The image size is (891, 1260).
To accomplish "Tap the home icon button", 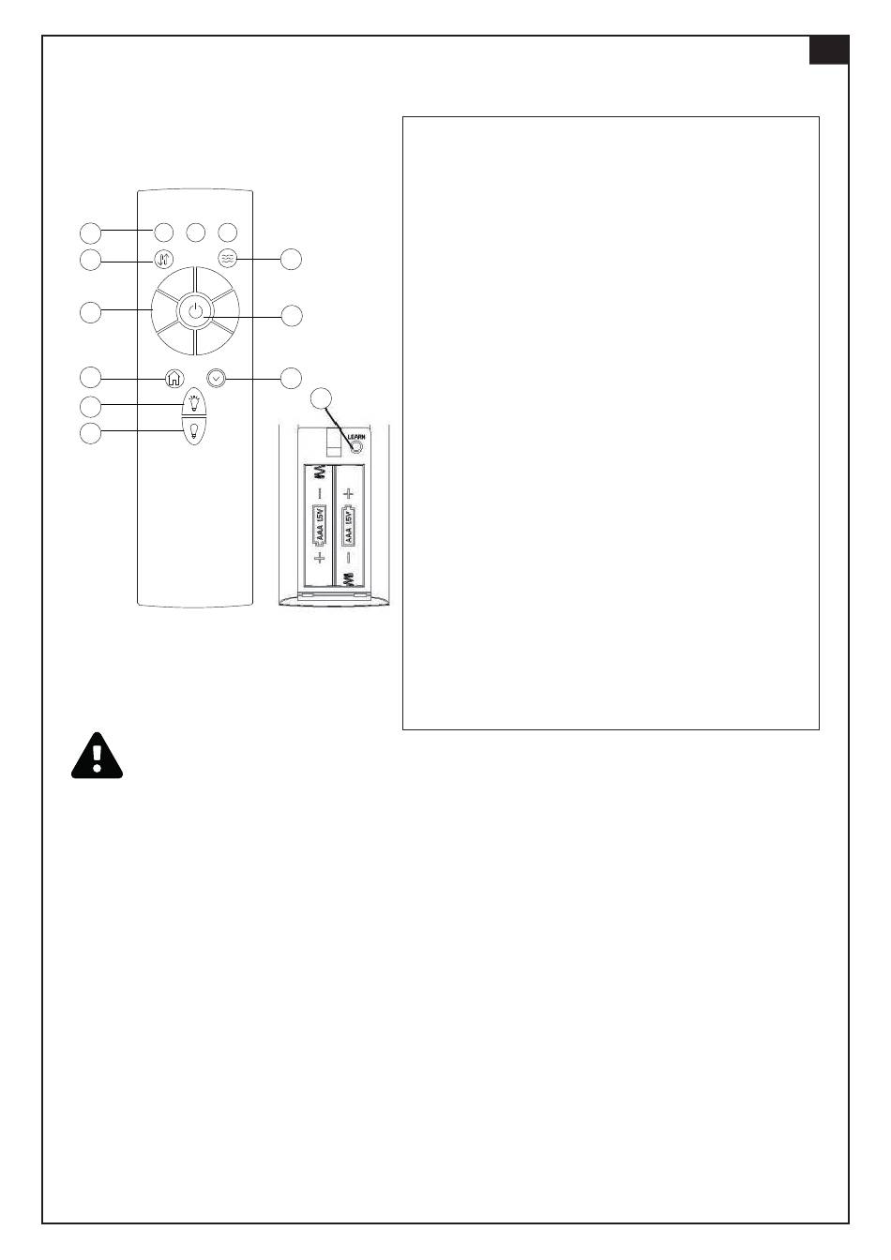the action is (174, 378).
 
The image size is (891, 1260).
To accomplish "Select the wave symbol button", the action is (227, 258).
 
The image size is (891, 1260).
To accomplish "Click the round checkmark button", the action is (217, 378).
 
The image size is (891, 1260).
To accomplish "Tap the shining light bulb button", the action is (194, 402).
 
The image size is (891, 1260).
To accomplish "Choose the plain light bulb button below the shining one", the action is (194, 429).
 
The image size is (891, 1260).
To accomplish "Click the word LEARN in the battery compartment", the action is (355, 436).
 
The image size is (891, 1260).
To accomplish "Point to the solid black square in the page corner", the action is (829, 51).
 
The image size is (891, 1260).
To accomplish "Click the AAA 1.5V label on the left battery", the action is (319, 526).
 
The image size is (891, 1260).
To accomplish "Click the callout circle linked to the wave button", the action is (292, 259).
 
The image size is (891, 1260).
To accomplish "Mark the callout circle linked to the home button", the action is (90, 378).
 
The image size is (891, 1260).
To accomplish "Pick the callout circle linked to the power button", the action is (292, 316).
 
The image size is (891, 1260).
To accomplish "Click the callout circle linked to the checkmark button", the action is (292, 378).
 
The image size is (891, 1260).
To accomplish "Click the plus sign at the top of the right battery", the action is (348, 493).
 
